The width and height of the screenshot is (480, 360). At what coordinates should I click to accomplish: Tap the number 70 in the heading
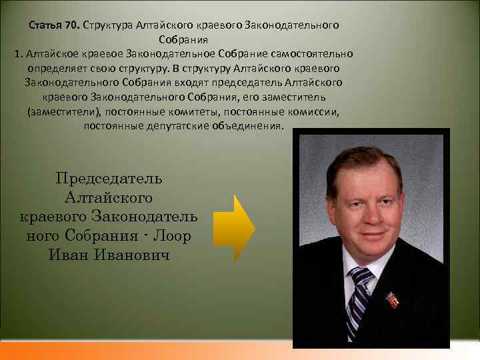71,25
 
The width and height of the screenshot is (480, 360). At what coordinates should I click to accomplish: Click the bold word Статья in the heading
46,25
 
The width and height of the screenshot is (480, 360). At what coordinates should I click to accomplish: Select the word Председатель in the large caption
109,178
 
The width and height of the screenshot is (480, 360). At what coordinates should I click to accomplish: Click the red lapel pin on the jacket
394,299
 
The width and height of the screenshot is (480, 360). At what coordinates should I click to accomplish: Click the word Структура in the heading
106,25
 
